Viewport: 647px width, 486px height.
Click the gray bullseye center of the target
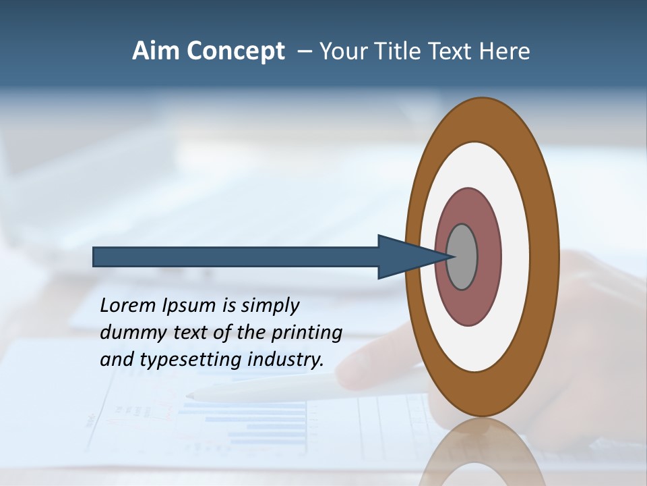[462, 256]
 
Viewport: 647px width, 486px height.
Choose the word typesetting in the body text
[191, 360]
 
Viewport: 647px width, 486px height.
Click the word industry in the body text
[286, 360]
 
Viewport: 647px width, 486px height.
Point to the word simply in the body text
[270, 306]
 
